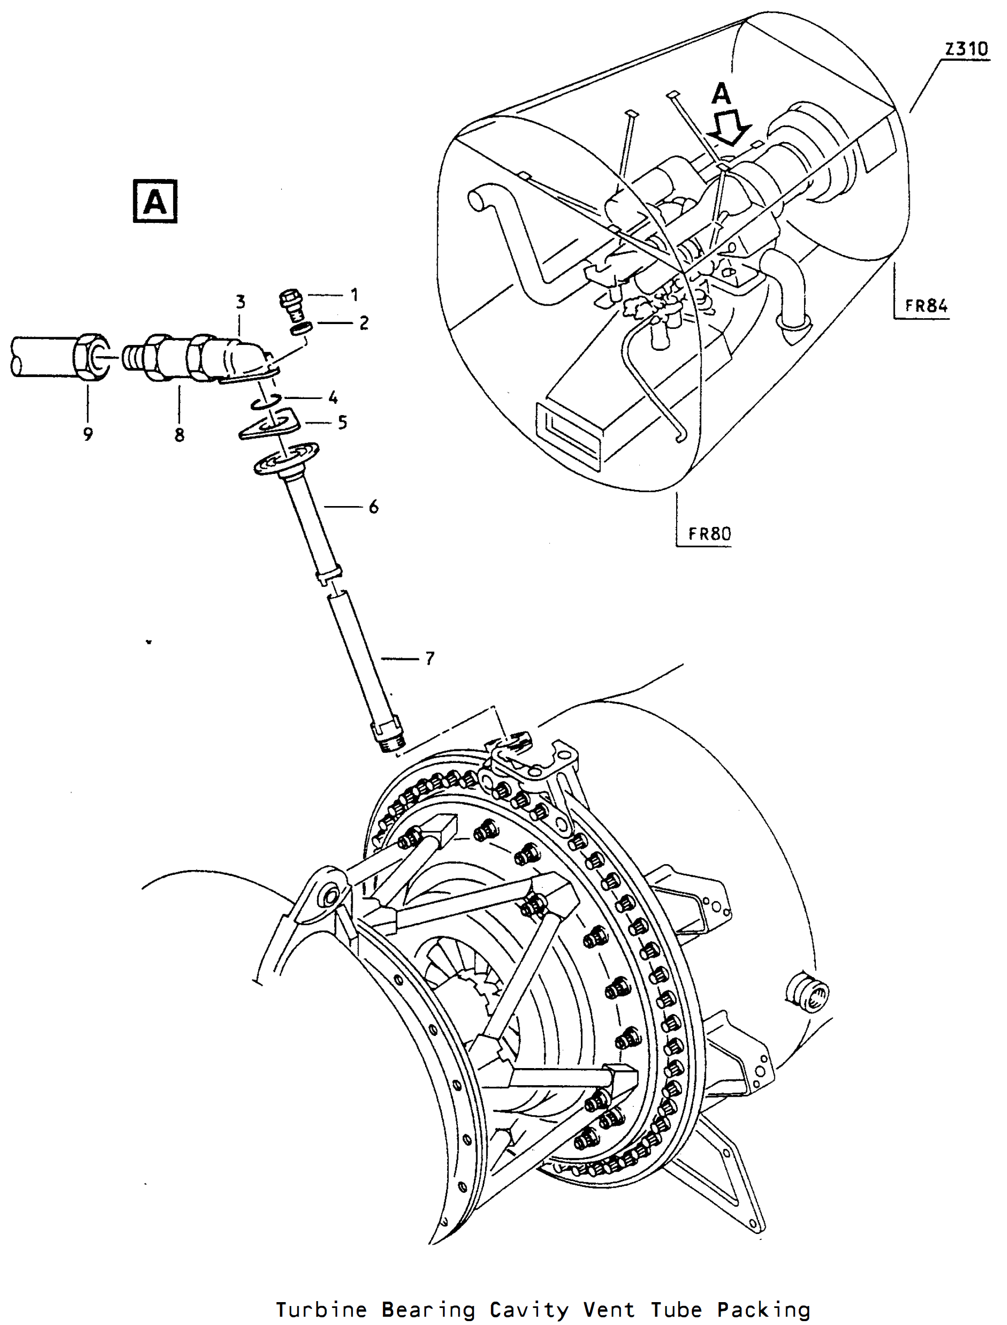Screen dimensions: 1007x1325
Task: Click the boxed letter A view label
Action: coord(155,201)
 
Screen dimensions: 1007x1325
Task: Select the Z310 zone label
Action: coord(966,49)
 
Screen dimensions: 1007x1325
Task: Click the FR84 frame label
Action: coord(927,305)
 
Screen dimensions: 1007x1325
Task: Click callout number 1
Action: coord(354,295)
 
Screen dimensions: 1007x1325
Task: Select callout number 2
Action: coord(364,323)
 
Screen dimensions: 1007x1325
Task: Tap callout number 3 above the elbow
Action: coord(240,302)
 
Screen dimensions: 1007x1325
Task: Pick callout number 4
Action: coord(333,397)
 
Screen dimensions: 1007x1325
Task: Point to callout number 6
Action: coord(374,507)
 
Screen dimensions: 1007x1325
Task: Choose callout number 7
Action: coord(429,659)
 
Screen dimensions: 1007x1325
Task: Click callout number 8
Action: coord(179,435)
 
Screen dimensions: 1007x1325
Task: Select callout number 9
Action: coord(88,434)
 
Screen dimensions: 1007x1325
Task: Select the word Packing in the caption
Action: coord(764,1309)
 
